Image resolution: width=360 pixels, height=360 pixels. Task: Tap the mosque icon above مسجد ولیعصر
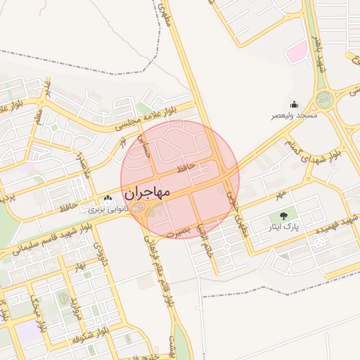294,104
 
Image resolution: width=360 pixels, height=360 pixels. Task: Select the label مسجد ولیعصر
297,115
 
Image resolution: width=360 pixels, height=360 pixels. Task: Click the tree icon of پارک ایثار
283,216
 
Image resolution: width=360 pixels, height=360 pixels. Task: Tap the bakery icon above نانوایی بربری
108,200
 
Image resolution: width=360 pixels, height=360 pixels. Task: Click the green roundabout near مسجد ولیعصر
324,100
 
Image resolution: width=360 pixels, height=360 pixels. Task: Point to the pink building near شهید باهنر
297,51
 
